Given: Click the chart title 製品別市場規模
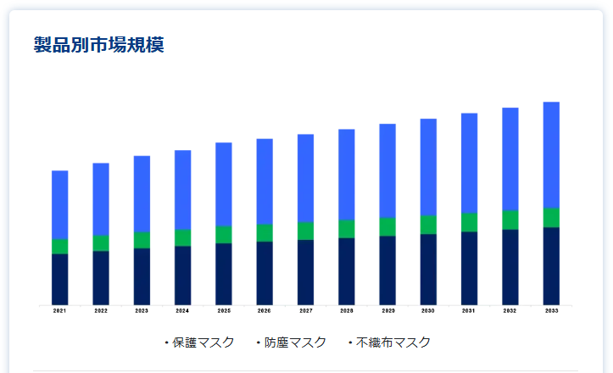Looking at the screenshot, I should pos(98,45).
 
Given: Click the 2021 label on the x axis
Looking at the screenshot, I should pos(59,312).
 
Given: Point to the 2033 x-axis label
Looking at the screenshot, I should pos(551,312).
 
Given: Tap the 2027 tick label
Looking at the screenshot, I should pos(305,312).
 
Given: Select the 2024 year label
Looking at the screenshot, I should pos(182,312).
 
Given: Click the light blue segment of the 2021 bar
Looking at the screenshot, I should pos(59,204).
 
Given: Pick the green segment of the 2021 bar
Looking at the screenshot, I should pos(59,246).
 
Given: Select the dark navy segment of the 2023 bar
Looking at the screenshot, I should pos(142,276).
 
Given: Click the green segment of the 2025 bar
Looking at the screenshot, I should pos(224,235).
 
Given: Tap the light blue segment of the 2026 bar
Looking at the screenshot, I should pos(265,181).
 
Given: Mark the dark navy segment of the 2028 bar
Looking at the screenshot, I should pos(347,271).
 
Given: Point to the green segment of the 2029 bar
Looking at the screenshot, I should pos(387,226).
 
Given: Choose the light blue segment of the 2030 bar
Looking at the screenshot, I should pos(428,167).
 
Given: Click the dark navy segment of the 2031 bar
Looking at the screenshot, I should pos(469,268).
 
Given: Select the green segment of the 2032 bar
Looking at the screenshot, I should pos(510,220).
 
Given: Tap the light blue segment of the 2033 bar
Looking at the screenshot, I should pos(551,154).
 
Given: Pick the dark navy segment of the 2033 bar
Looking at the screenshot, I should pos(551,266).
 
